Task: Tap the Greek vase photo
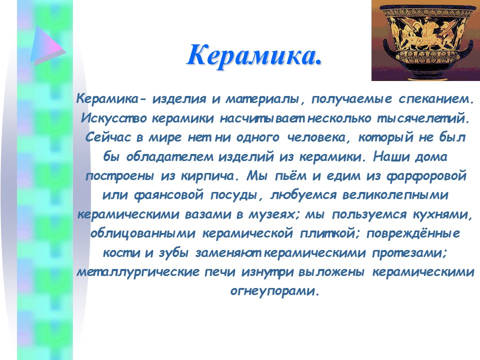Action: tap(425, 40)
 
